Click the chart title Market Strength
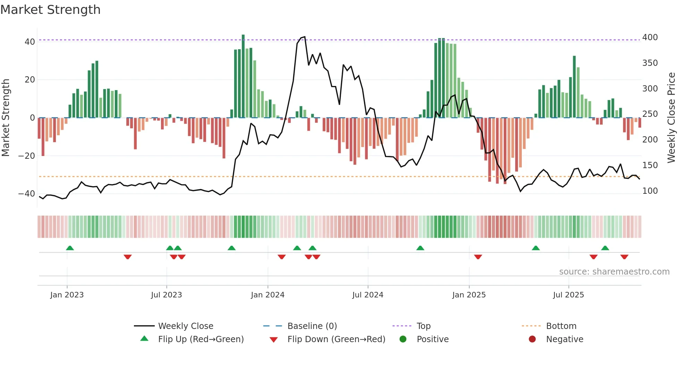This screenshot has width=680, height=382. click(x=50, y=10)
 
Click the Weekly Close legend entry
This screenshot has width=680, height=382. click(x=185, y=326)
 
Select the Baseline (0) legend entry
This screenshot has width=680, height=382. click(x=312, y=326)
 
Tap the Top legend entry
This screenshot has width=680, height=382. click(x=423, y=326)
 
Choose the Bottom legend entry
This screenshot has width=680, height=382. click(x=561, y=326)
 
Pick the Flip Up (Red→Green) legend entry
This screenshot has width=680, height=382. click(x=201, y=339)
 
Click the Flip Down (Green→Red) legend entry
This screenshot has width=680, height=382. click(x=336, y=339)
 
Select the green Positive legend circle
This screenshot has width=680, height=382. click(x=403, y=339)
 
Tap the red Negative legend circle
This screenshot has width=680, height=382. click(x=532, y=339)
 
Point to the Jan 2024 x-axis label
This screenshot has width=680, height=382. click(x=267, y=295)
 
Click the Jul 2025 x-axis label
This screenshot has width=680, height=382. click(x=568, y=295)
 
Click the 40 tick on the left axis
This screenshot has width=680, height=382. click(x=30, y=42)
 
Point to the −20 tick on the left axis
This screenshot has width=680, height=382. click(x=26, y=156)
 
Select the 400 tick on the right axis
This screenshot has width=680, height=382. click(x=650, y=37)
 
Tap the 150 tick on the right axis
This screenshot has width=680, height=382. click(x=650, y=165)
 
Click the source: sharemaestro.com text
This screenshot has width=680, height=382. click(x=614, y=272)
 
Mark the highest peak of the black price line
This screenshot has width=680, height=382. click(x=304, y=37)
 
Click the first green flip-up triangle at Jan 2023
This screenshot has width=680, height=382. click(x=70, y=248)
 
